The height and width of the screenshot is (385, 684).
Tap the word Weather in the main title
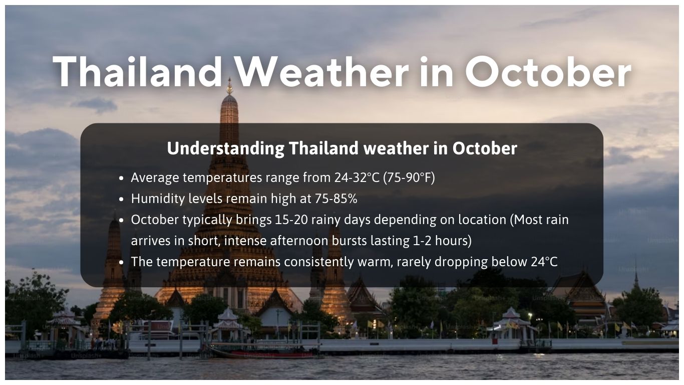pyautogui.click(x=321, y=72)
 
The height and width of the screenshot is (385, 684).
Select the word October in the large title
pyautogui.click(x=547, y=72)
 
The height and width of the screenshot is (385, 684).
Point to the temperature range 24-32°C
pyautogui.click(x=357, y=177)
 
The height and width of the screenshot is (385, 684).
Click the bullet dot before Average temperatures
pyautogui.click(x=122, y=178)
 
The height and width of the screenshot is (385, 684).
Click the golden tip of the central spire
pyautogui.click(x=230, y=89)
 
